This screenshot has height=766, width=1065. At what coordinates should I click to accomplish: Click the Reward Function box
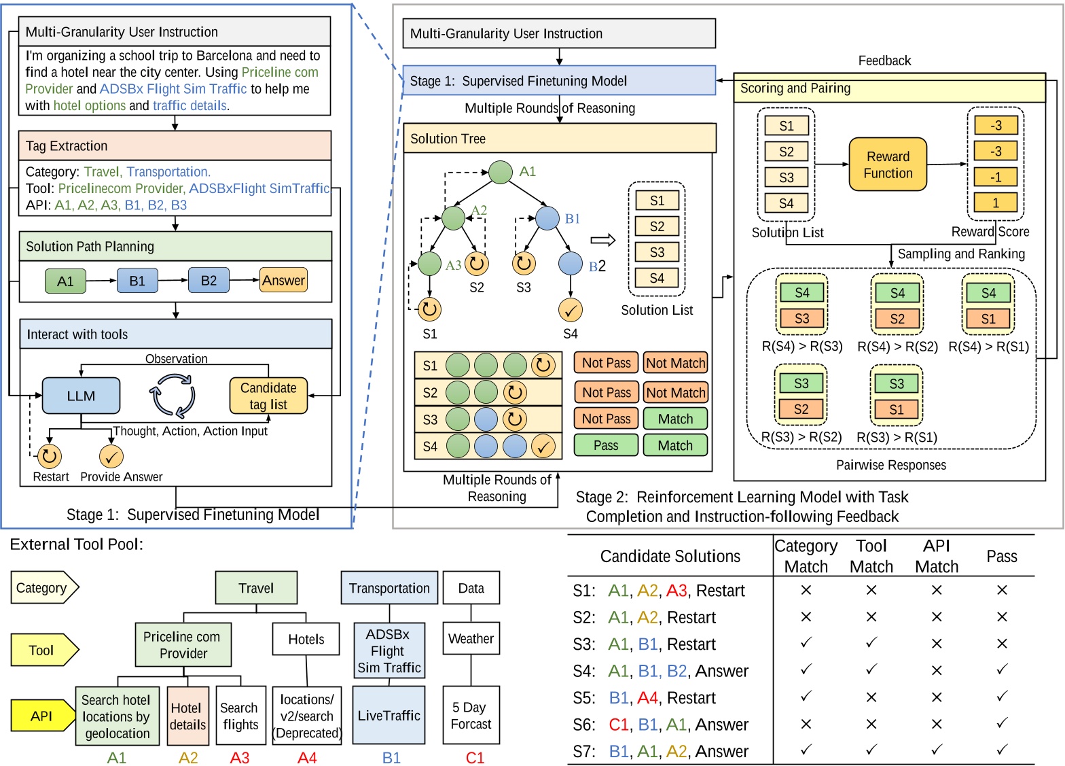pyautogui.click(x=887, y=164)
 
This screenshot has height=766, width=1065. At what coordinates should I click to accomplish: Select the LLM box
pyautogui.click(x=81, y=396)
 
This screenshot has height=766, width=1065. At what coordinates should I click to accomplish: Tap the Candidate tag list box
pyautogui.click(x=268, y=396)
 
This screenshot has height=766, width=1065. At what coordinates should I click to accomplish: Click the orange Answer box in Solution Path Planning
pyautogui.click(x=283, y=280)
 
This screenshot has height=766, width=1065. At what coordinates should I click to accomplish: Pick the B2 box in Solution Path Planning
pyautogui.click(x=209, y=280)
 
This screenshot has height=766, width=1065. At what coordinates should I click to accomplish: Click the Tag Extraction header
pyautogui.click(x=175, y=145)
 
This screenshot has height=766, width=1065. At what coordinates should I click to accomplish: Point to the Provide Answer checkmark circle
pyautogui.click(x=111, y=456)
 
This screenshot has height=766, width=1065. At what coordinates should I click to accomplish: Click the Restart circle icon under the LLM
pyautogui.click(x=50, y=456)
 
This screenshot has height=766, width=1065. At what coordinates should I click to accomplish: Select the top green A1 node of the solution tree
pyautogui.click(x=501, y=172)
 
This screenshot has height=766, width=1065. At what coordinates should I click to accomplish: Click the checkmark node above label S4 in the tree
pyautogui.click(x=570, y=311)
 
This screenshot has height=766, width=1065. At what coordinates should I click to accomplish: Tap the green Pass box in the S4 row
pyautogui.click(x=606, y=445)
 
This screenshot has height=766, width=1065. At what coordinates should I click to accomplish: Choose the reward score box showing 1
pyautogui.click(x=995, y=203)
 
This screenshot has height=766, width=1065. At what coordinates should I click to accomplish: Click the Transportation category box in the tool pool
pyautogui.click(x=389, y=588)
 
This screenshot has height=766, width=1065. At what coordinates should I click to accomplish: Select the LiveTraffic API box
pyautogui.click(x=389, y=715)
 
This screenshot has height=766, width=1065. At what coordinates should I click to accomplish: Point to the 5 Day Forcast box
pyautogui.click(x=471, y=715)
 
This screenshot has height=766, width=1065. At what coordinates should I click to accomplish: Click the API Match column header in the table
pyautogui.click(x=937, y=556)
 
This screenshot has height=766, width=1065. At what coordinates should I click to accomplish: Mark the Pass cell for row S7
pyautogui.click(x=1002, y=750)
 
